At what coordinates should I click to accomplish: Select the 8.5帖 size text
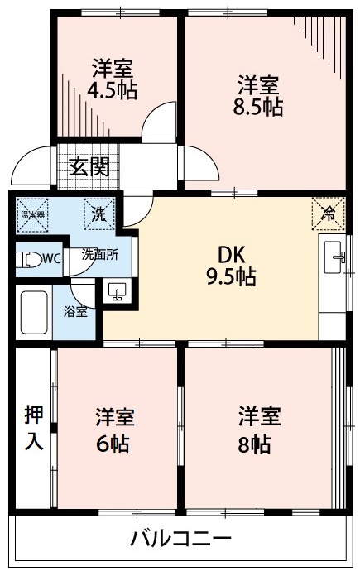pos(259,107)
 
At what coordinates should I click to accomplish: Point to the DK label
pos(230,254)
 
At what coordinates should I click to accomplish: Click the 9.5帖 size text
pos(231,277)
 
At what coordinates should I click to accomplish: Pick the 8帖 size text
pos(254,443)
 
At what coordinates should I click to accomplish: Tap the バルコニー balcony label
pos(180,540)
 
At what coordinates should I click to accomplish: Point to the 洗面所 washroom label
pos(99,255)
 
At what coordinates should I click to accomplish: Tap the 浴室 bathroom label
pos(74,313)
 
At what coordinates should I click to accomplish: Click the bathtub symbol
pos(34,313)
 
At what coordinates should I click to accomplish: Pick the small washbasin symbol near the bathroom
pos(115,290)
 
